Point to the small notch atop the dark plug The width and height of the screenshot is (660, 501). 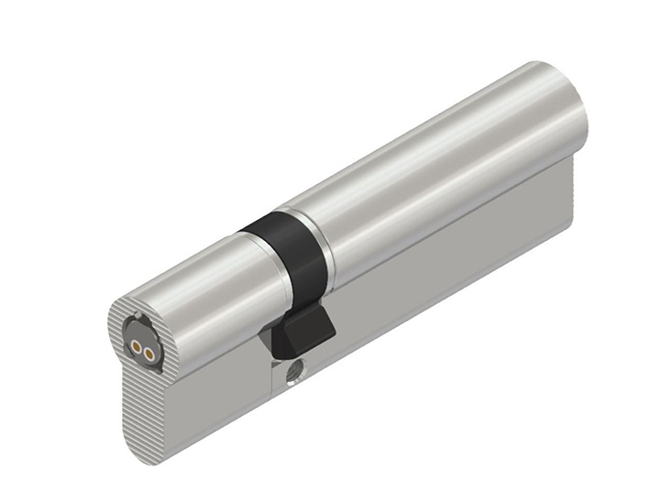pyautogui.click(x=138, y=320)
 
